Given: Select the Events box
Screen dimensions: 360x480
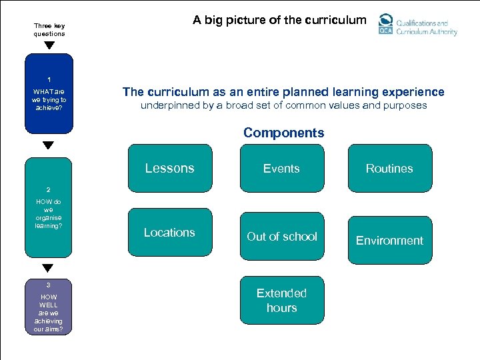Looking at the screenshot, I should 281,169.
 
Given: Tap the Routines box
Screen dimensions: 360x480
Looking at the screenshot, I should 389,169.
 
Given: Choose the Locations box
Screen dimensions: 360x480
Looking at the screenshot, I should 169,233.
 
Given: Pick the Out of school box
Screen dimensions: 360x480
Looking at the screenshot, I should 281,237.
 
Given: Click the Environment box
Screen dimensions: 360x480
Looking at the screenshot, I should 389,241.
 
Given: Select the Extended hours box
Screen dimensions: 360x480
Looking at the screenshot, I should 281,301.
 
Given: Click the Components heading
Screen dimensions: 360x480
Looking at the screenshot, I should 283,133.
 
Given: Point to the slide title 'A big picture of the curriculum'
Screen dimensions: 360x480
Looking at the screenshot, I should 279,20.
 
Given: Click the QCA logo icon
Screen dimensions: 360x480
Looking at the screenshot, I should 385,25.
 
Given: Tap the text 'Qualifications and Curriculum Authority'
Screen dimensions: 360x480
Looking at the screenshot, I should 427,27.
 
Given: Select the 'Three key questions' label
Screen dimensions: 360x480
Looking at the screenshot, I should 49,30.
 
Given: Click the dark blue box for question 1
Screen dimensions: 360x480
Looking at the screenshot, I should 49,94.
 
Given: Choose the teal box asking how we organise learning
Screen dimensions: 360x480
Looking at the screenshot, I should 48,207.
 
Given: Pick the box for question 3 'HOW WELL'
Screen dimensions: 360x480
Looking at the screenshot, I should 49,307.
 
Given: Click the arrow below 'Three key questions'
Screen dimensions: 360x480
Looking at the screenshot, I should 49,46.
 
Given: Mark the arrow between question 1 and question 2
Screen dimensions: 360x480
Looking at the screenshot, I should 49,145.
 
